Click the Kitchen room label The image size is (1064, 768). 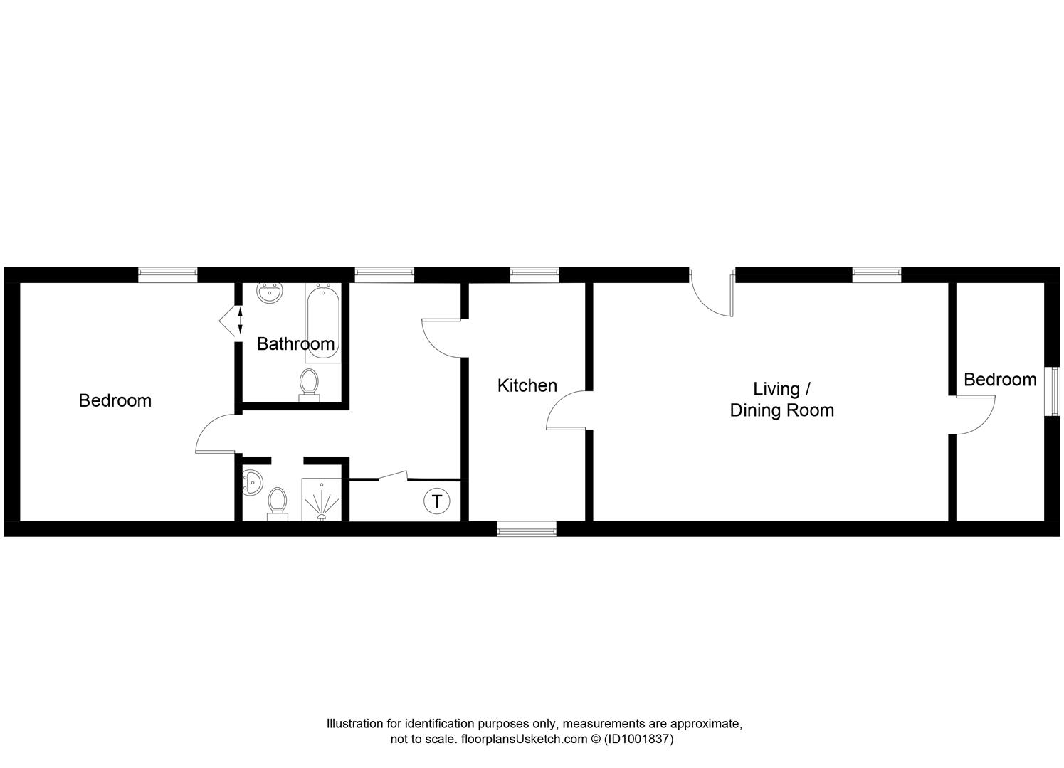tap(527, 385)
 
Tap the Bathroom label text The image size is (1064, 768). tap(295, 344)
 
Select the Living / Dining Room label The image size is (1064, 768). tap(781, 400)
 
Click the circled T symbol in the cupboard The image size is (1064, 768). tap(436, 501)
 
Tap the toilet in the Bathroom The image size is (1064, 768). tap(309, 384)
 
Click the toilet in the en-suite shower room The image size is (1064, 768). tap(277, 501)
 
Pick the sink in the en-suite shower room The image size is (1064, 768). tap(250, 483)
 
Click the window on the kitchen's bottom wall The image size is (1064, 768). tap(526, 528)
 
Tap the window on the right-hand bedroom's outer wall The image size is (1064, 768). tap(1053, 390)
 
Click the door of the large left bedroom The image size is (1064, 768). tap(216, 434)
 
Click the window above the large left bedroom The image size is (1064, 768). tap(167, 274)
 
